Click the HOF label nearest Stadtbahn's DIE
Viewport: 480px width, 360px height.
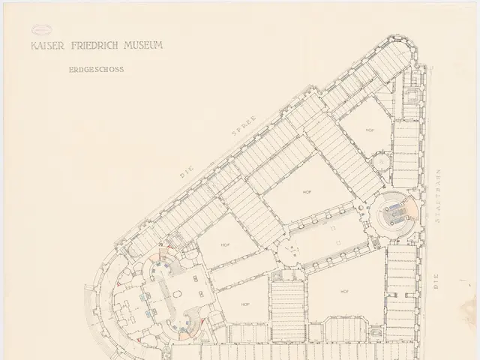(345, 291)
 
